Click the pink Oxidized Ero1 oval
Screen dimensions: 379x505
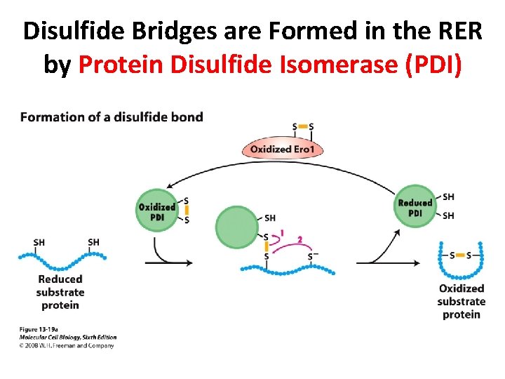pyautogui.click(x=276, y=149)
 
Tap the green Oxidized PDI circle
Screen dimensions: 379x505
pyautogui.click(x=157, y=209)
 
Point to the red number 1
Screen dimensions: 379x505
pyautogui.click(x=282, y=233)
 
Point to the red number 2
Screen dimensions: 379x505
pyautogui.click(x=299, y=240)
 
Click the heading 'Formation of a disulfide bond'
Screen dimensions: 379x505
pyautogui.click(x=112, y=117)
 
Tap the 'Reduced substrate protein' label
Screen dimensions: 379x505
pyautogui.click(x=60, y=292)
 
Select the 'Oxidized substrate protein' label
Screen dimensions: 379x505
pyautogui.click(x=461, y=301)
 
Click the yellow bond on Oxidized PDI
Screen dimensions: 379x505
pyautogui.click(x=186, y=211)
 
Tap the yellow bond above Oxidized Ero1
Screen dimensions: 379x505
pyautogui.click(x=303, y=127)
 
